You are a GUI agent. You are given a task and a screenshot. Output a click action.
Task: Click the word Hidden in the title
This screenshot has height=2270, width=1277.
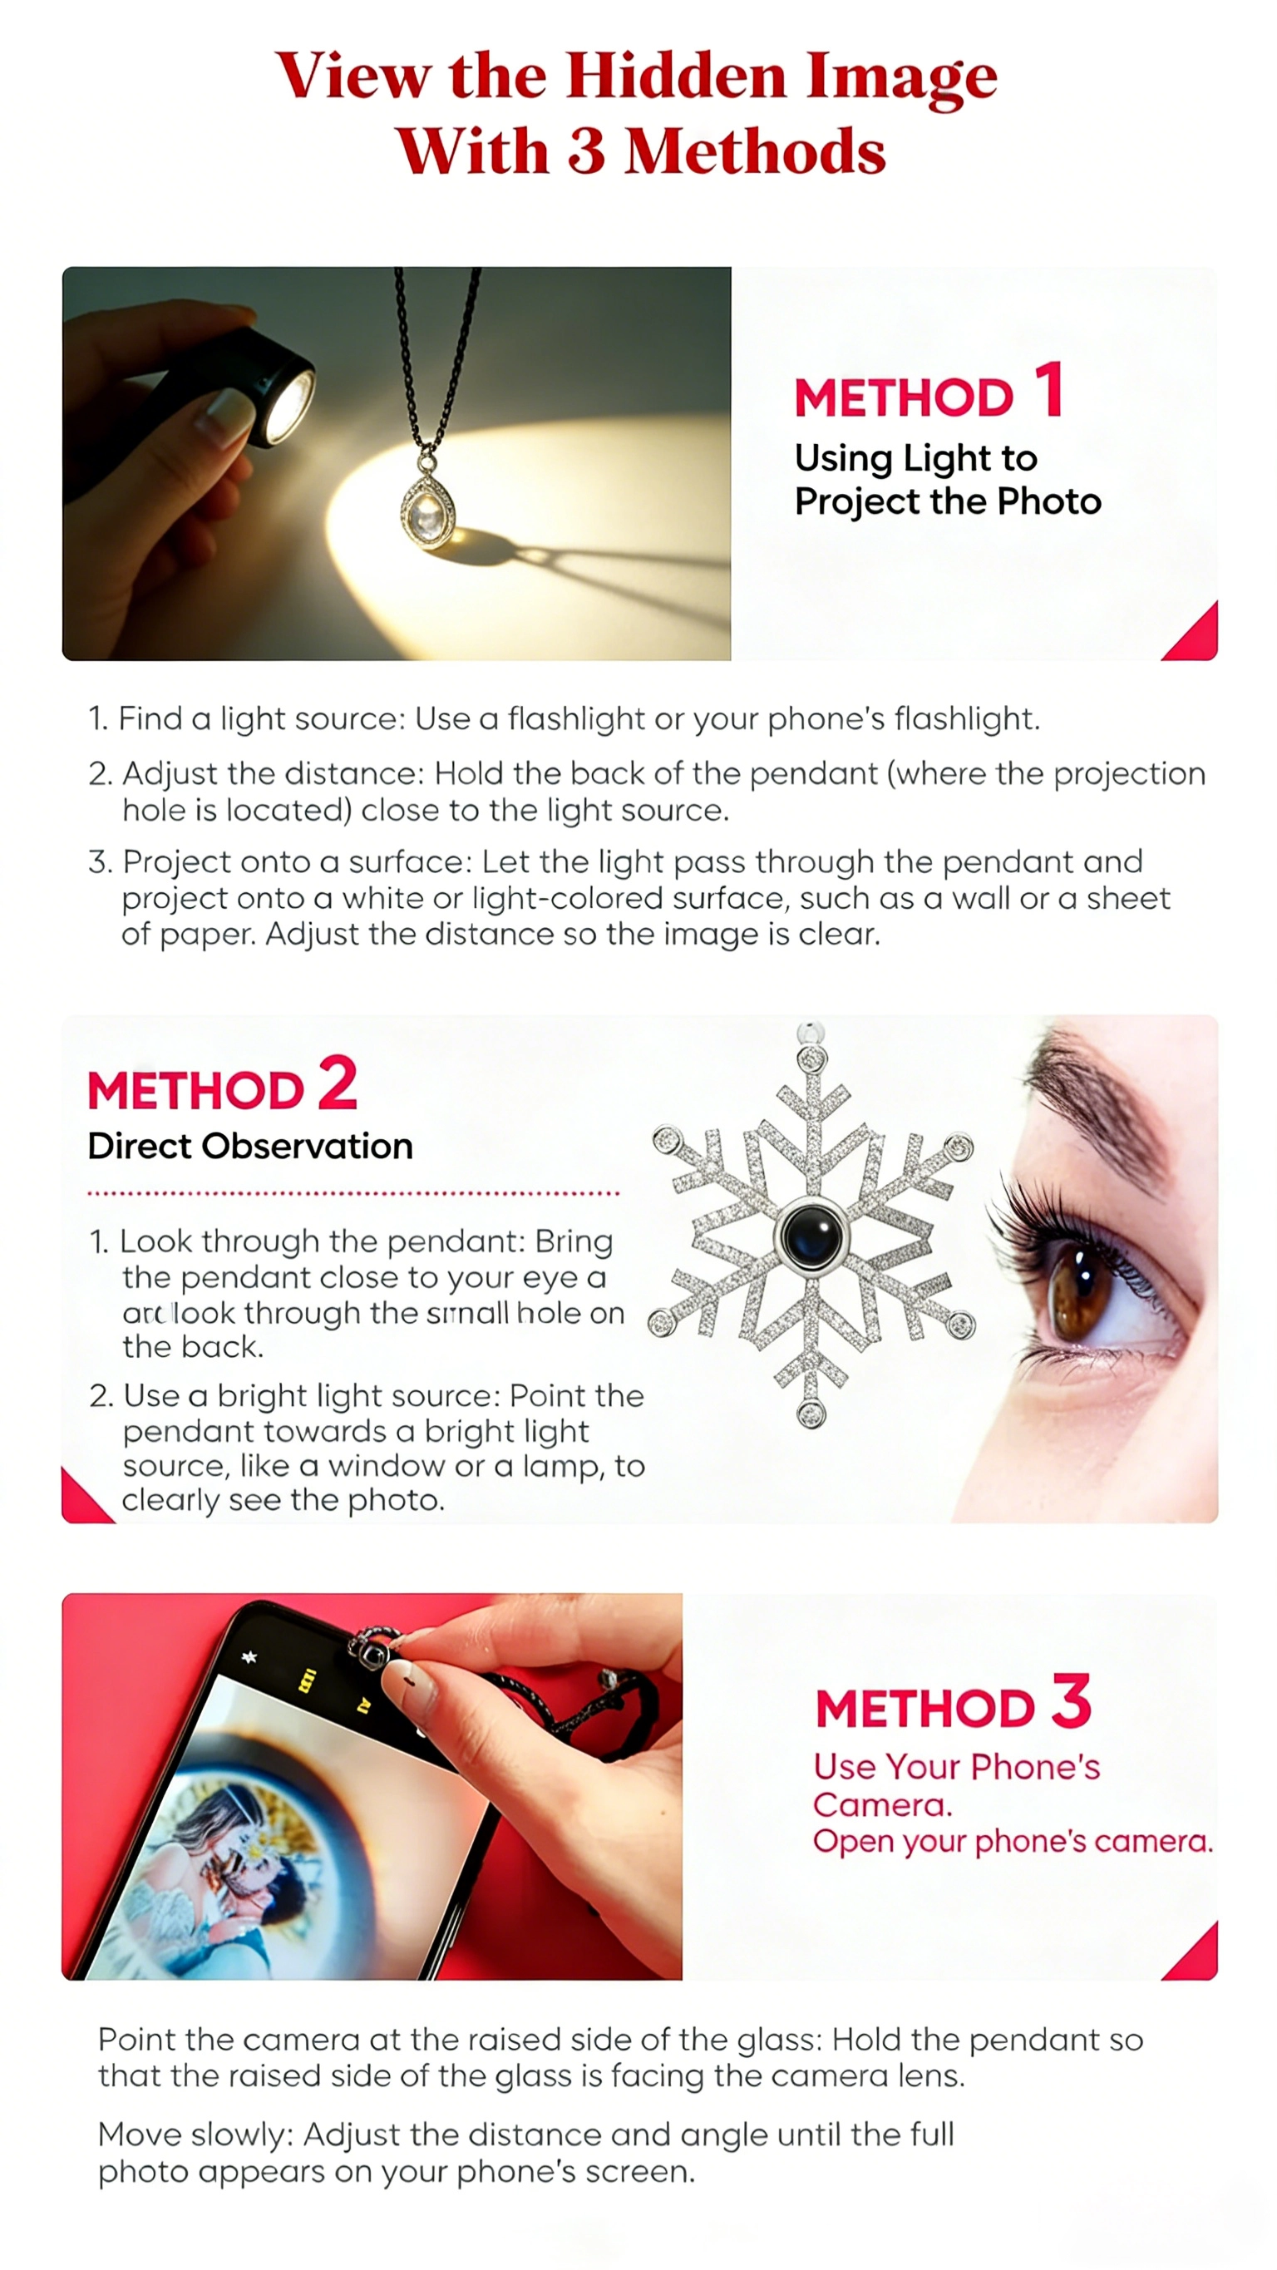(676, 76)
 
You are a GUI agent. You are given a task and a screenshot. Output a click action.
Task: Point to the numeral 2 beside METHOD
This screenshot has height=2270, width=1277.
(338, 1082)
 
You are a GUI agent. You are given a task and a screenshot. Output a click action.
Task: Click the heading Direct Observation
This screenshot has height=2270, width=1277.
(250, 1147)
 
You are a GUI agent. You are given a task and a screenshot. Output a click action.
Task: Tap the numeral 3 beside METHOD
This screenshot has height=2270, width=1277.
(1072, 1700)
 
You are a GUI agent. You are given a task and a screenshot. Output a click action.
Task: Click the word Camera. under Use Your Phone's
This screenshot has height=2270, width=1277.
(882, 1804)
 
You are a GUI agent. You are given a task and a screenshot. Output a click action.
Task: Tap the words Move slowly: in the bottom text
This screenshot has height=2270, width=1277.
(195, 2135)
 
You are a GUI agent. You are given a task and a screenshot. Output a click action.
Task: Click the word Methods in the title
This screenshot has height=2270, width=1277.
(754, 151)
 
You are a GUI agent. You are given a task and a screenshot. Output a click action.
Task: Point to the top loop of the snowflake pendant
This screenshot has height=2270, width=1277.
(810, 1032)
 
